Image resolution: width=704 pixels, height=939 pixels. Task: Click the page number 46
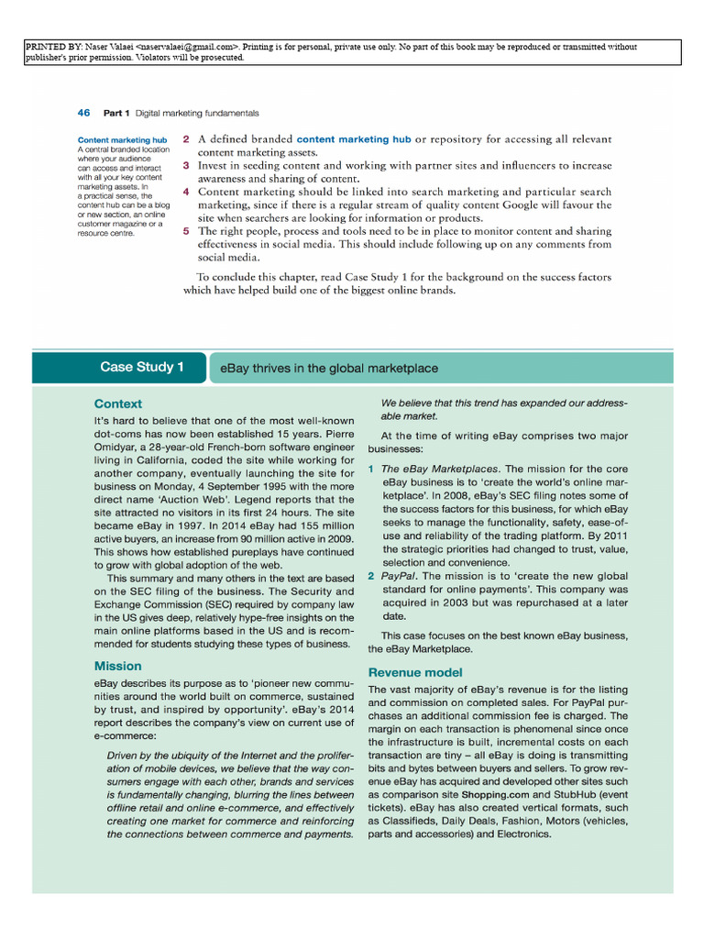(83, 113)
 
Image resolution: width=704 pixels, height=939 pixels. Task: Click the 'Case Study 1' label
(142, 368)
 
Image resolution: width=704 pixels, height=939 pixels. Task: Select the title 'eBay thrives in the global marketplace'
(329, 369)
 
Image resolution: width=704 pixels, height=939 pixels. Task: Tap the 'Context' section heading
(118, 403)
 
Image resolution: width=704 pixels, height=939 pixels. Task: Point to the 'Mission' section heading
(118, 666)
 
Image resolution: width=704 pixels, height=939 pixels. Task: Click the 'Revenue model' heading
(415, 672)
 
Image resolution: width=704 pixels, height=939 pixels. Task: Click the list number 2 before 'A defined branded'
(186, 139)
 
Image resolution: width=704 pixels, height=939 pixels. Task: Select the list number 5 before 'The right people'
(186, 232)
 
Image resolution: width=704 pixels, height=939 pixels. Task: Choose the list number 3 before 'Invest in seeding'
(186, 166)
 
